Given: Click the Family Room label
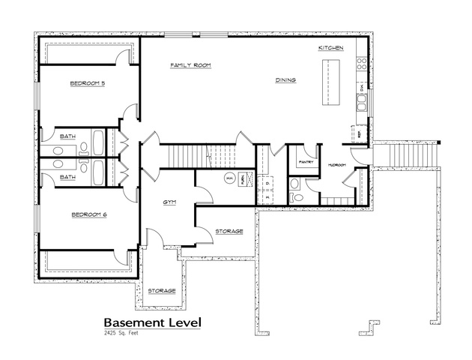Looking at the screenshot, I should pos(190,66).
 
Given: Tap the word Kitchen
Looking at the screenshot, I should pos(330,48).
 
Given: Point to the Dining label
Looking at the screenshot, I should pos(285,79).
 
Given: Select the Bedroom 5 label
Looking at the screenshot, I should pos(87,83).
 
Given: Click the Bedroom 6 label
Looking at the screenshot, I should pos(89,215).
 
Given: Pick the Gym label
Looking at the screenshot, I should pos(170,202).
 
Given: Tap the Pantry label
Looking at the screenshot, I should pos(306,162).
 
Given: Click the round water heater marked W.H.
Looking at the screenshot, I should pos(230,178).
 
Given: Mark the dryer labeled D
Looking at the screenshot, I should pos(267,182).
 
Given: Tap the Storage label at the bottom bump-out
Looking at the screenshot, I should pos(161,290).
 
